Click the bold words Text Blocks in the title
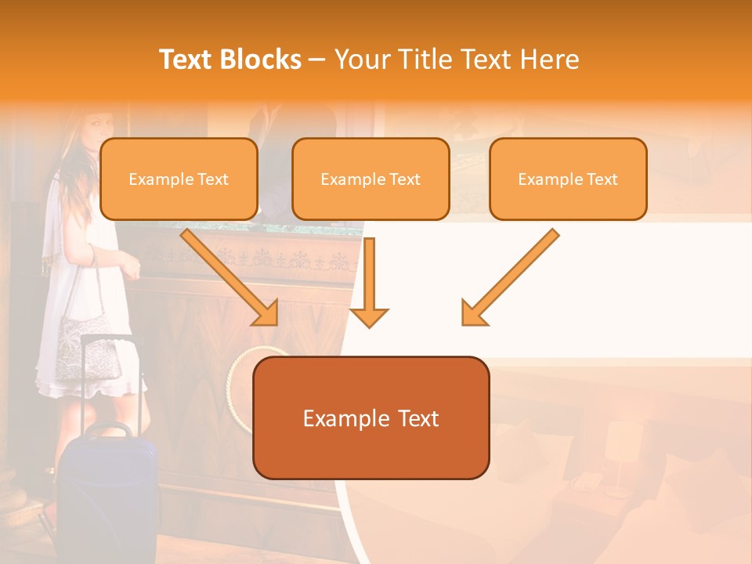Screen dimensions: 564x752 click(230, 60)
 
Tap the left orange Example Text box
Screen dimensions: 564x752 click(179, 179)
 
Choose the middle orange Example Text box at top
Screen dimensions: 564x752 click(371, 179)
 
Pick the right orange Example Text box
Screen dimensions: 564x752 click(568, 179)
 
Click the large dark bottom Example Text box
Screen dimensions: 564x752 click(371, 418)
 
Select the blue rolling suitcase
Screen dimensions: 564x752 click(110, 493)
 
